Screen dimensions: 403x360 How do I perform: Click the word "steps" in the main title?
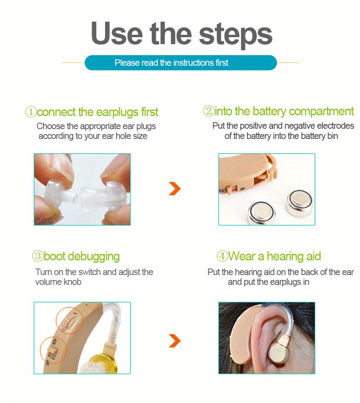tap(232, 34)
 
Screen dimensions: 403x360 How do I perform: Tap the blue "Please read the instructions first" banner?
tap(180, 63)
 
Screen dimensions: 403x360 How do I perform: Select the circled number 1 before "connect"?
tap(31, 112)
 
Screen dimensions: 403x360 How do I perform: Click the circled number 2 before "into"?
tap(209, 111)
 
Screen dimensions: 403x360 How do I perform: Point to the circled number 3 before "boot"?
tap(38, 257)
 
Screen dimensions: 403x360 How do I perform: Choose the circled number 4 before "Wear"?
tap(222, 257)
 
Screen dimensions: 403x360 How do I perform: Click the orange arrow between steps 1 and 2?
tap(175, 189)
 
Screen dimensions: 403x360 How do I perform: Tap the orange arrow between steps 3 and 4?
tap(175, 340)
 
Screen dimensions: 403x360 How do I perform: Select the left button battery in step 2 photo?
tap(262, 213)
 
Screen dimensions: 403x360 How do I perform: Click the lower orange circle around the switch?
tap(53, 350)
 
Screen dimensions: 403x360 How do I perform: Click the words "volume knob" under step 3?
tap(58, 282)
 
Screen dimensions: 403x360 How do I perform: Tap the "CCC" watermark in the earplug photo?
tap(44, 221)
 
